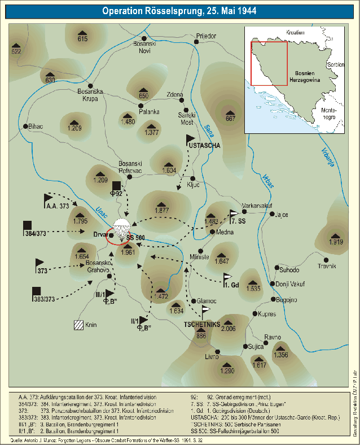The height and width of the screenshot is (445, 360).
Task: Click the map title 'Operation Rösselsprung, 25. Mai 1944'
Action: pos(179,11)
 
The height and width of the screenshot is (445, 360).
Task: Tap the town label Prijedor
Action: pos(206,36)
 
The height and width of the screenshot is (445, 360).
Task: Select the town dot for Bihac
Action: pos(25,126)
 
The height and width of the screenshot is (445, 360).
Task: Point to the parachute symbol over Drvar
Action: pos(121,226)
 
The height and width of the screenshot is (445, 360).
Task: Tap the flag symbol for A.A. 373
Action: pos(48,199)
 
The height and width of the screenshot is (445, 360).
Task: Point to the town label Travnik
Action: pos(326,265)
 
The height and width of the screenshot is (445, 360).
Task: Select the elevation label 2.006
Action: pos(228,328)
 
